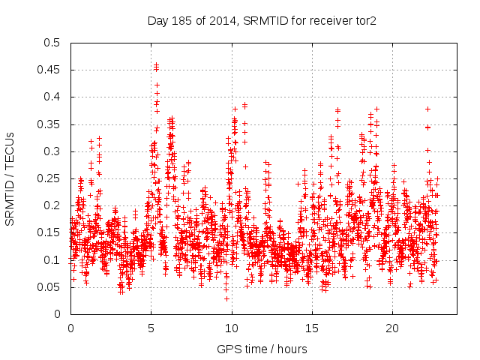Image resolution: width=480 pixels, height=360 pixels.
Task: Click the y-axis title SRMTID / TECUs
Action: coord(10,178)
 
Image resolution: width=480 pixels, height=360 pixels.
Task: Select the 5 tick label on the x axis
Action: coord(151,328)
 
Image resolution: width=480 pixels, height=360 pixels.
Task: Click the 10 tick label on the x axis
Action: coord(231,328)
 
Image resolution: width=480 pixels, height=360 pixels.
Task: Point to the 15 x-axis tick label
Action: coord(311,328)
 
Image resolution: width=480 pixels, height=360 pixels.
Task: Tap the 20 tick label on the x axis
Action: coord(392,328)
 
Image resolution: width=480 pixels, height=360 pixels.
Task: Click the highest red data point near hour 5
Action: coord(156,64)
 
